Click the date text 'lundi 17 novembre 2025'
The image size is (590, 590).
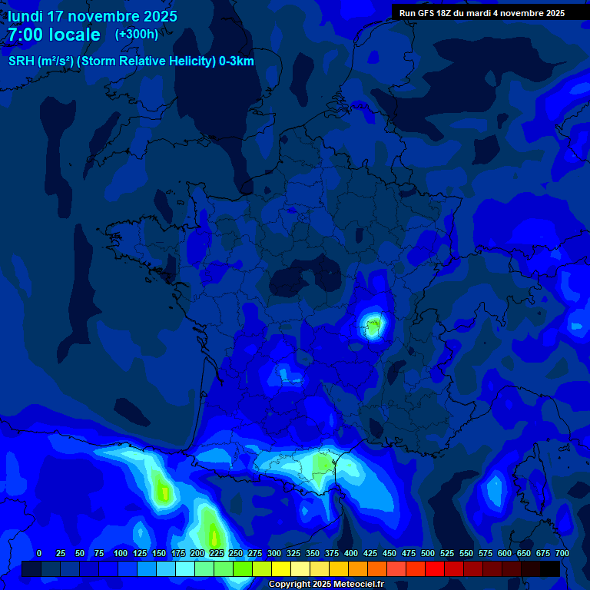tap(92, 16)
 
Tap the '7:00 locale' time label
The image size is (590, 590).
tap(54, 35)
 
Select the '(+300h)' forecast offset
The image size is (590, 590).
tap(136, 35)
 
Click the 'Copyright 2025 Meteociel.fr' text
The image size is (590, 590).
tap(326, 584)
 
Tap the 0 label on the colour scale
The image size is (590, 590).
tap(39, 553)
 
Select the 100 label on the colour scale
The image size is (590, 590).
tap(121, 553)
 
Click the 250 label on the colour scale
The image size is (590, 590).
tap(236, 553)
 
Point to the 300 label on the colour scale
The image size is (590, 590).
tap(274, 553)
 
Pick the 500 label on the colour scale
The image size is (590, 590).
tap(428, 553)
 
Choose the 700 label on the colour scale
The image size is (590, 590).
tap(562, 553)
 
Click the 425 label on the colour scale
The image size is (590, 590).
tap(370, 553)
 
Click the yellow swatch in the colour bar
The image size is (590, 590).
tap(281, 568)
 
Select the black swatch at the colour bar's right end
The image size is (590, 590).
tap(550, 568)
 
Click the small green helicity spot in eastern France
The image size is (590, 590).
tap(373, 327)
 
